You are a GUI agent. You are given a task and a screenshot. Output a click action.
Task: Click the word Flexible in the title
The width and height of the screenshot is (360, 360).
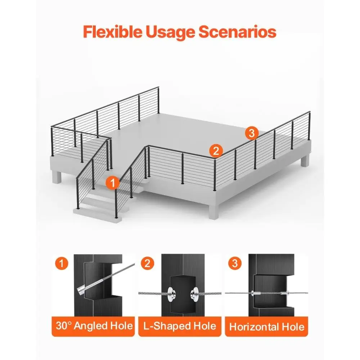point(112,32)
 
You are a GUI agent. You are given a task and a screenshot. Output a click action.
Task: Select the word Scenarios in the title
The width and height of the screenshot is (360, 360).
point(237,32)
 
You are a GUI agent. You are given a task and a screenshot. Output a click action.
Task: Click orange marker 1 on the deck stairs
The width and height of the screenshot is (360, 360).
point(112,183)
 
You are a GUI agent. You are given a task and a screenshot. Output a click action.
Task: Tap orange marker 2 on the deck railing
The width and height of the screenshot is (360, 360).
point(216,150)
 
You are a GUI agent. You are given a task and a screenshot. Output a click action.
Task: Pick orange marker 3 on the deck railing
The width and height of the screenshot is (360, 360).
point(251,133)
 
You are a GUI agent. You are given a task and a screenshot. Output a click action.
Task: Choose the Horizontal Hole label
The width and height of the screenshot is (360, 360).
point(267,327)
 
